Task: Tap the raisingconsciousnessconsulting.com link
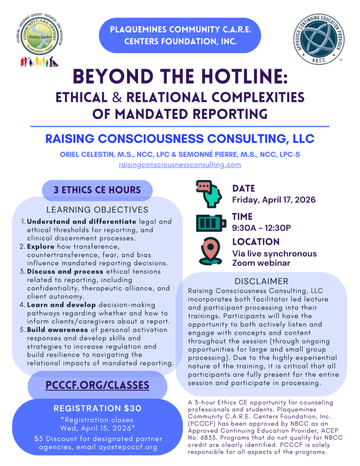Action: tap(179, 165)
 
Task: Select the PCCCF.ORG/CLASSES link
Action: tap(97, 385)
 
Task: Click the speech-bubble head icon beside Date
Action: tap(209, 193)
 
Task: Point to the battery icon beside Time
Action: tap(211, 223)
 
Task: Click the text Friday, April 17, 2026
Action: tap(274, 199)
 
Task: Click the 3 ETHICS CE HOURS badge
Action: tap(97, 190)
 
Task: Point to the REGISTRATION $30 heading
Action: tap(97, 408)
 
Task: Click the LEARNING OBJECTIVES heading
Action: tap(97, 210)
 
